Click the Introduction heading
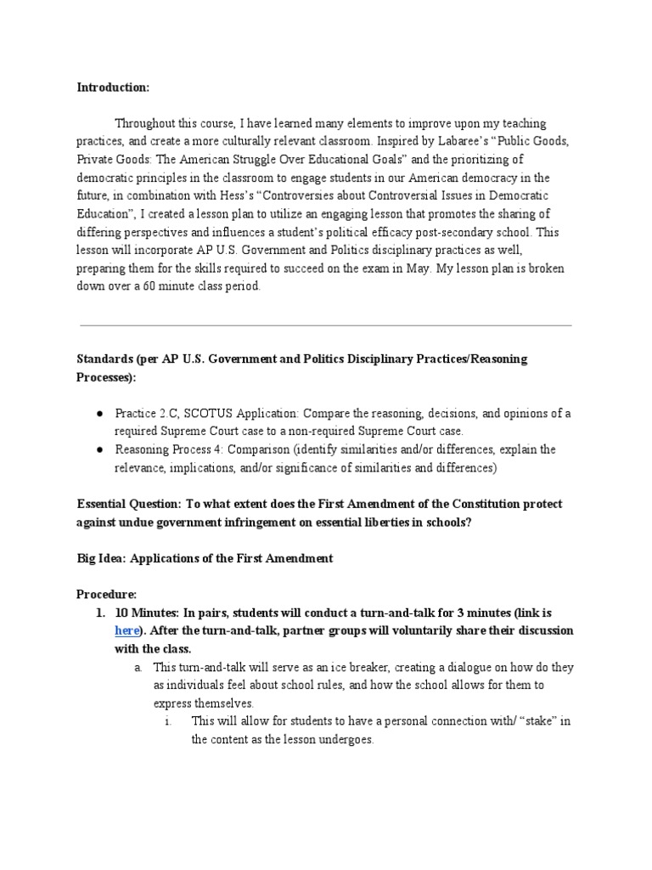(x=113, y=88)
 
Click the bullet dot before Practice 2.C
(x=99, y=413)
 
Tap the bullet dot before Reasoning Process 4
(x=99, y=449)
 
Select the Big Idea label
(x=101, y=558)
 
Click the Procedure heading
(x=106, y=594)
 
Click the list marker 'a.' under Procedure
(x=138, y=668)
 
